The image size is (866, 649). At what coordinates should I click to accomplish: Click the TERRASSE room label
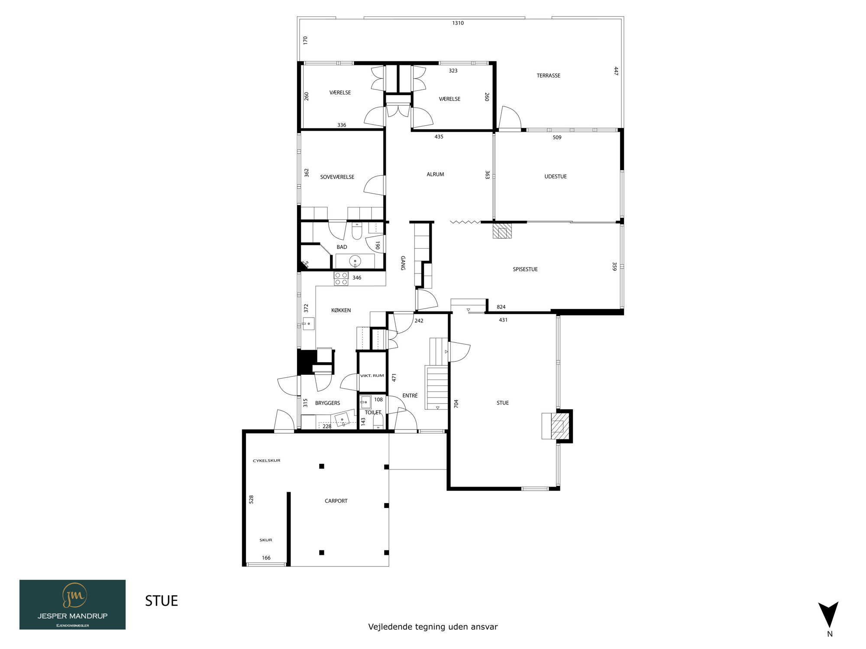click(548, 76)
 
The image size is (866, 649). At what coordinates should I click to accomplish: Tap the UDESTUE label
click(556, 177)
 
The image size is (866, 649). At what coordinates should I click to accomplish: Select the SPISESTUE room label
click(525, 269)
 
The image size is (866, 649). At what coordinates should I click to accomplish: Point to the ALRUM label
click(435, 174)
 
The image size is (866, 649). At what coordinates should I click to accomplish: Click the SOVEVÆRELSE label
click(337, 177)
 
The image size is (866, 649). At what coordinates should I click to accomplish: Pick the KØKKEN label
click(341, 310)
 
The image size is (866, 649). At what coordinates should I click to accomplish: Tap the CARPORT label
click(336, 501)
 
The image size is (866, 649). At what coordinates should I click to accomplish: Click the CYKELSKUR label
click(266, 461)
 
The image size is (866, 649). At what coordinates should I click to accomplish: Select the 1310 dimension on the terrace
click(458, 23)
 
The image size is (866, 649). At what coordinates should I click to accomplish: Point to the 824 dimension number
click(501, 307)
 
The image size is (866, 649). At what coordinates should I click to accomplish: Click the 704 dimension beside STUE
click(456, 404)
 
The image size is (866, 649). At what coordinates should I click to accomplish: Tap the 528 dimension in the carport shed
click(251, 499)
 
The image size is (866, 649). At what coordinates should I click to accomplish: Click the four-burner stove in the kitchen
click(341, 279)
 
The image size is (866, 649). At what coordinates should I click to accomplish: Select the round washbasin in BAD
click(355, 261)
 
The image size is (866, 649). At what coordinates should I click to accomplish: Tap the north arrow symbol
click(828, 614)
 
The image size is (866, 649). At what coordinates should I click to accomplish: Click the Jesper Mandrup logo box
click(72, 604)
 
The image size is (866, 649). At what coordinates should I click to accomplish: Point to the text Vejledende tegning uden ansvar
click(433, 627)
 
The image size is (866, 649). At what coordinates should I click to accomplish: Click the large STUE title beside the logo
click(162, 601)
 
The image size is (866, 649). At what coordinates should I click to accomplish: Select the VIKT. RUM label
click(372, 376)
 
